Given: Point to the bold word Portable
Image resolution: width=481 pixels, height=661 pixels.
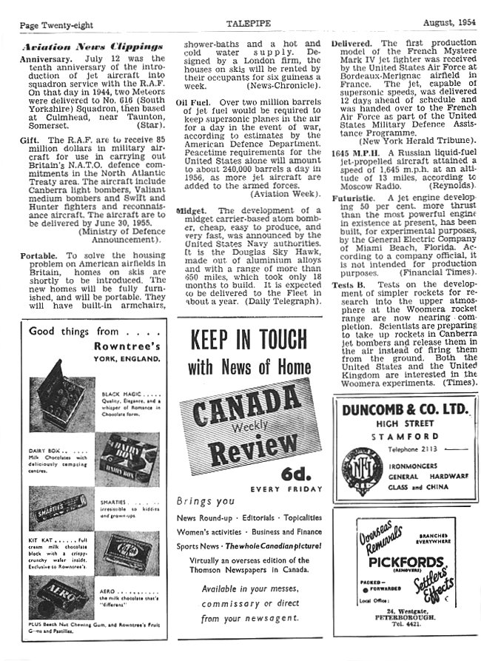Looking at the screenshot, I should (39, 255).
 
